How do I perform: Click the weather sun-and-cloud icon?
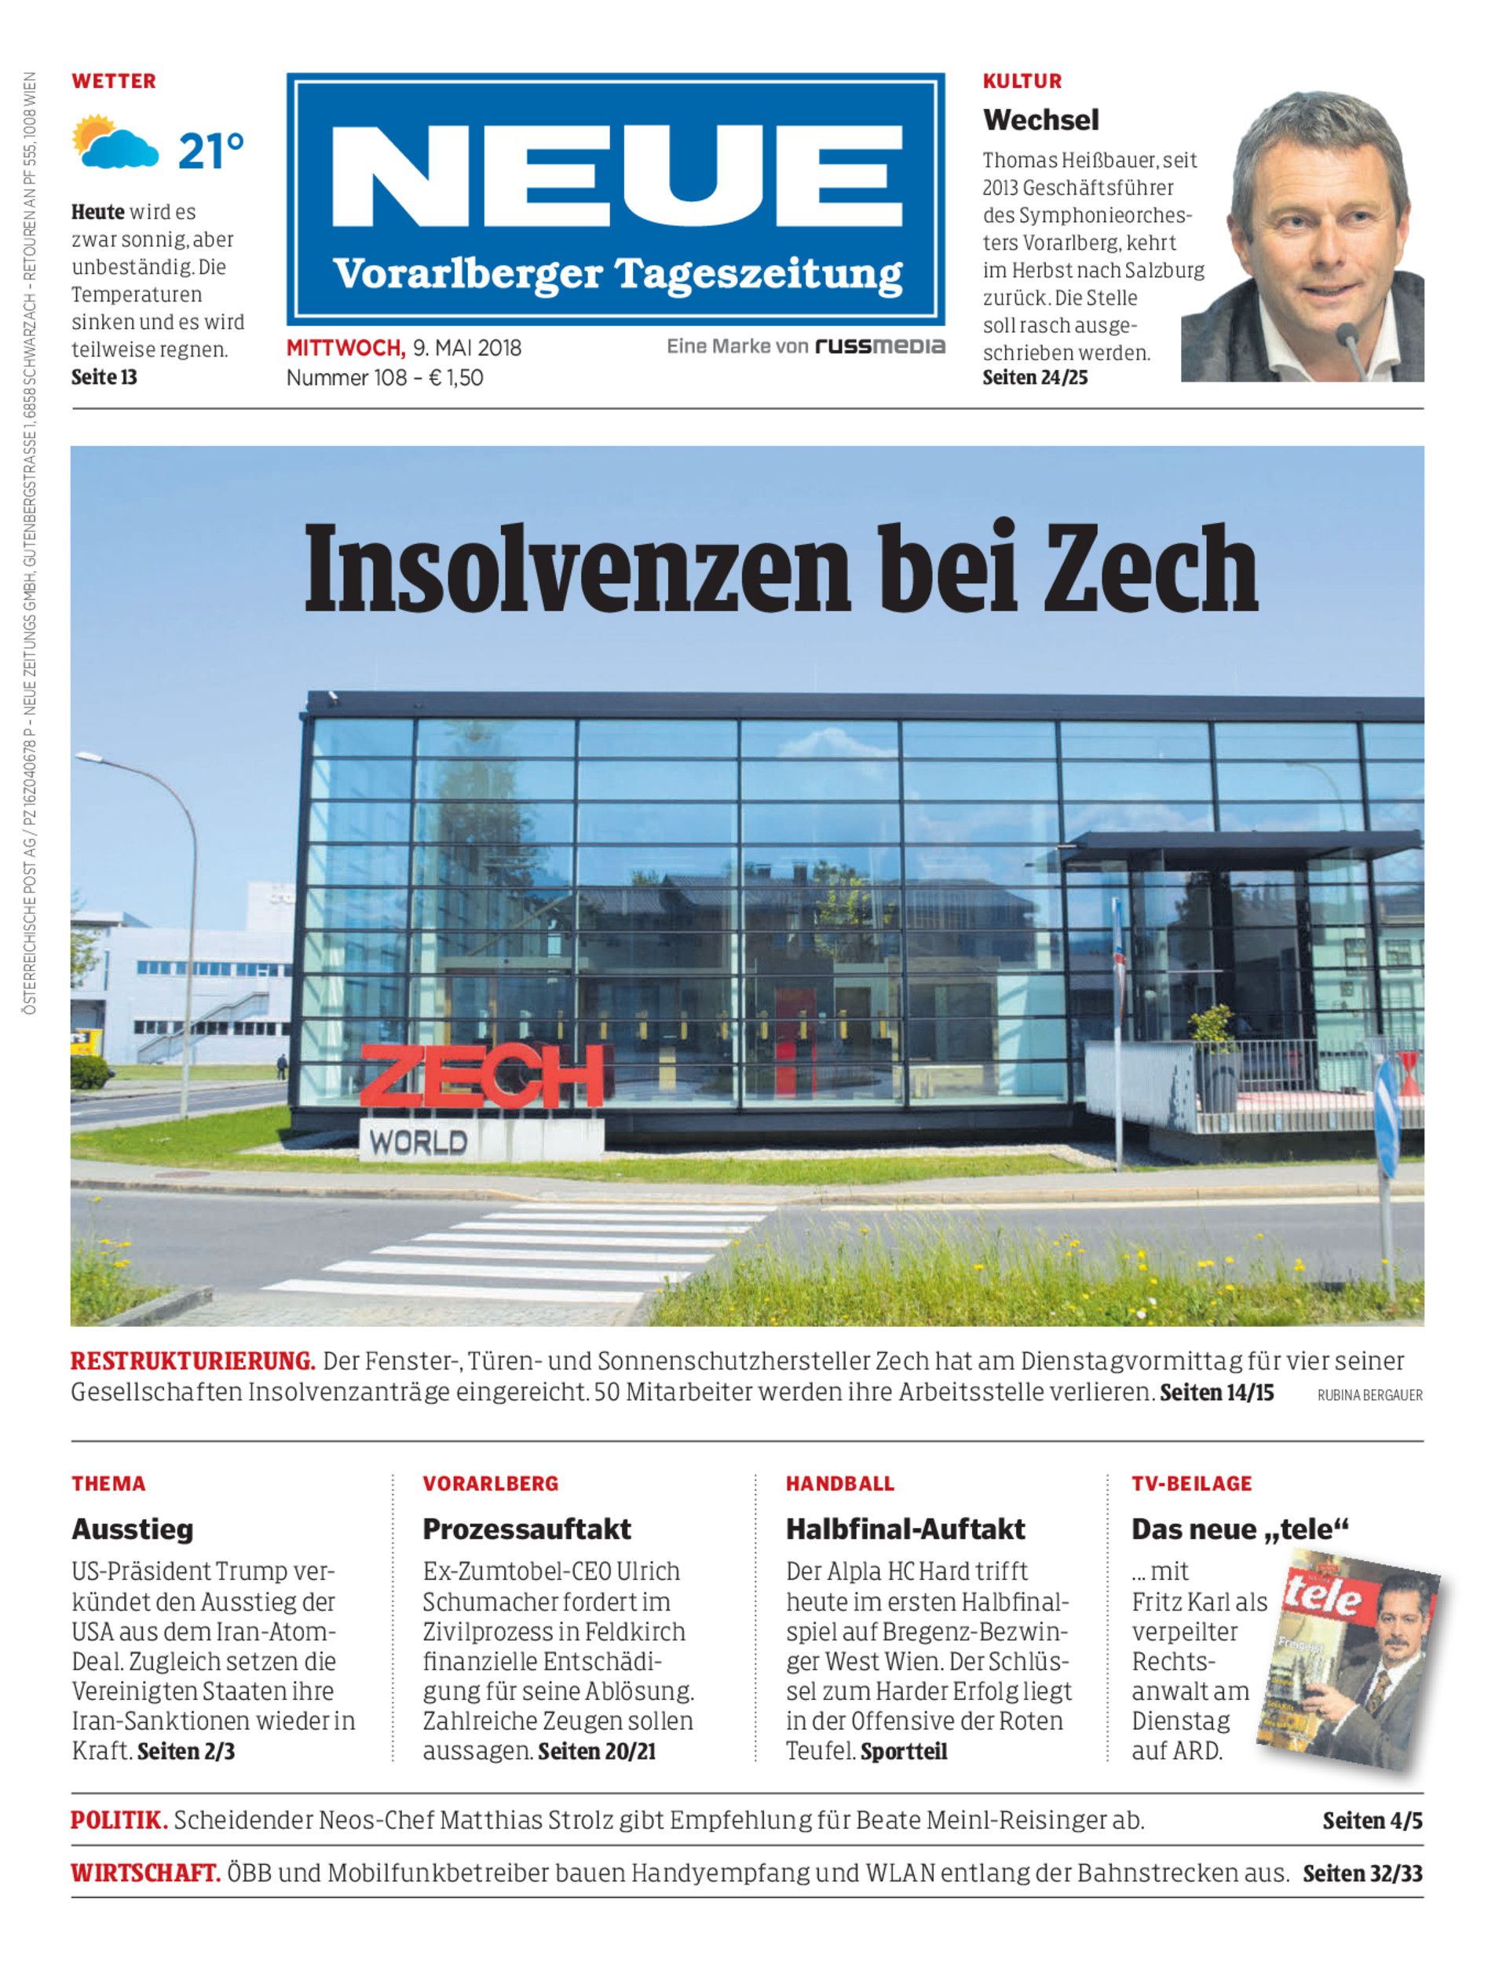pos(114,141)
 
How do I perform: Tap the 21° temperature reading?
pos(211,152)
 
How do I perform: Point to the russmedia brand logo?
pos(879,346)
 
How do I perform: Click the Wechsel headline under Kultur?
pos(1040,119)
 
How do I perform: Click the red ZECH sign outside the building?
pos(481,1077)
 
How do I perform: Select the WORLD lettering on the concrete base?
pos(419,1142)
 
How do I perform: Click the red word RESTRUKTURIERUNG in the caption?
pos(193,1362)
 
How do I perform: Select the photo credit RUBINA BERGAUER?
pos(1369,1395)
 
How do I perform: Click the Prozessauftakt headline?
pos(526,1529)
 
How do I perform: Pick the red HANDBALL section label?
pos(839,1483)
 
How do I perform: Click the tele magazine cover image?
pos(1347,1661)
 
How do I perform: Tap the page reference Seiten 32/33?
pos(1362,1873)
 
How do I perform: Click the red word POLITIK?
pos(119,1820)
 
